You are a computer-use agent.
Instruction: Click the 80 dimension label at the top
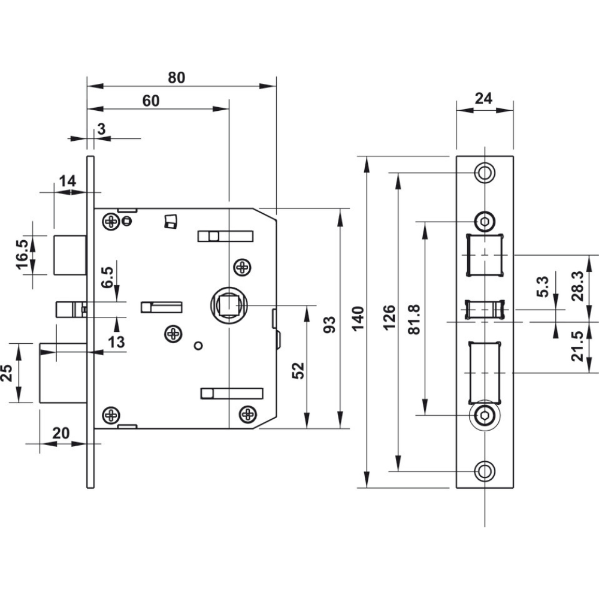coord(176,77)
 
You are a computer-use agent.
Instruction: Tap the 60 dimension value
coord(151,101)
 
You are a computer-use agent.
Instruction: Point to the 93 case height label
coord(329,323)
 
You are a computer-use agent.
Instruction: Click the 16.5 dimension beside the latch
coord(22,255)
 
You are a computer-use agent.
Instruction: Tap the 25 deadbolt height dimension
coord(7,373)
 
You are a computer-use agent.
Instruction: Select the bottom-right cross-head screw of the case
coord(247,413)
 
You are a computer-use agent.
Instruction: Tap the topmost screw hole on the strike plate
coord(484,173)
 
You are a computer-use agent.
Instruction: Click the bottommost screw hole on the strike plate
coord(484,471)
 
